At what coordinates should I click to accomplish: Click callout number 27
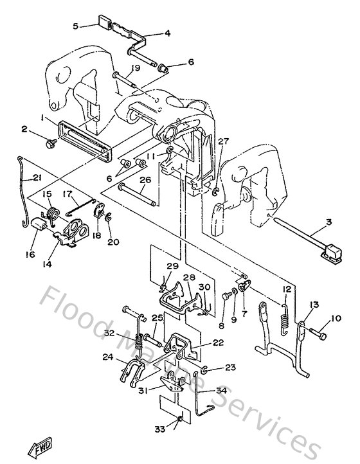click(223, 141)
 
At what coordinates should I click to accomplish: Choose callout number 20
click(114, 242)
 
